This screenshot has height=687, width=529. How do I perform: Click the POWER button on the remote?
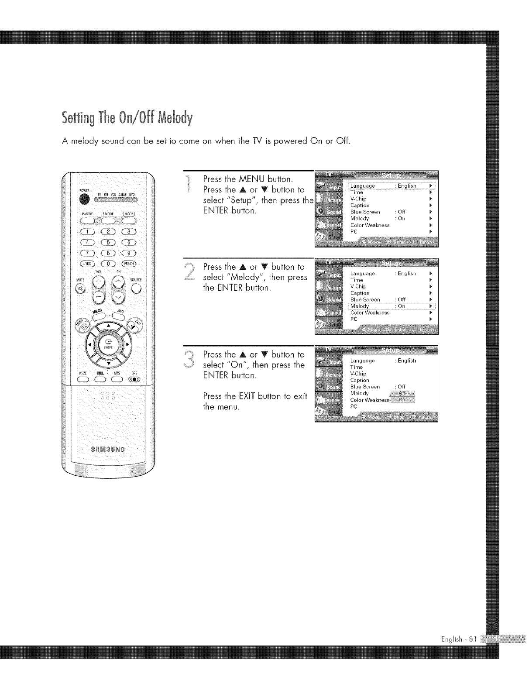pyautogui.click(x=85, y=199)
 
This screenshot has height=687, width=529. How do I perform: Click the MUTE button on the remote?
pyautogui.click(x=80, y=289)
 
